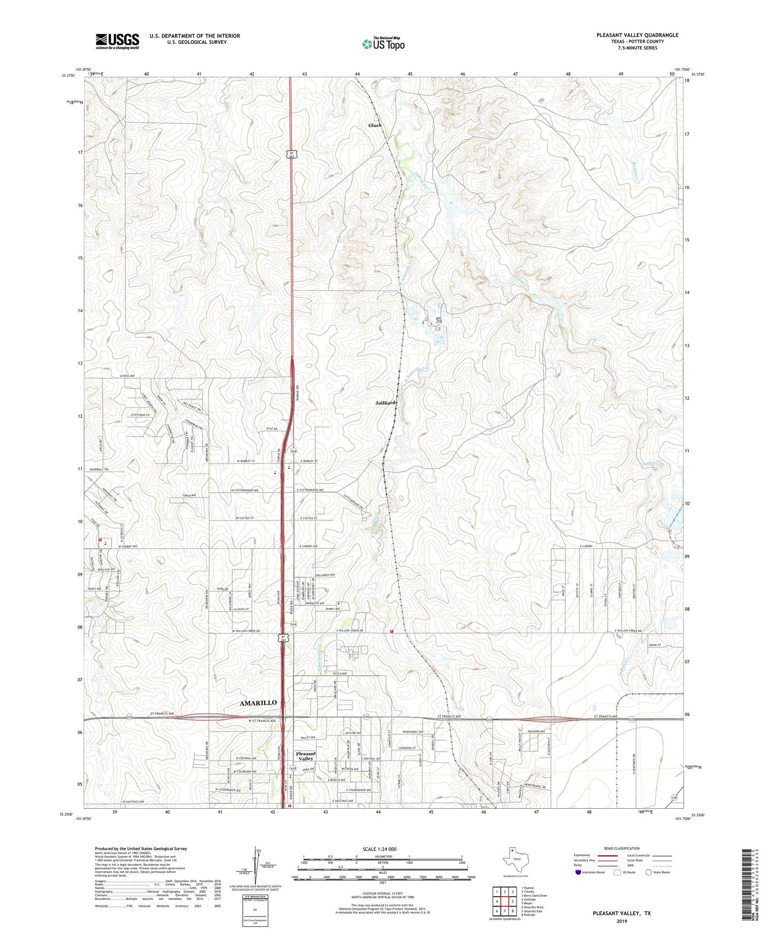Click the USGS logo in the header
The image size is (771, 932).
[117, 41]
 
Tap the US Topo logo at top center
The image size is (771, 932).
[383, 44]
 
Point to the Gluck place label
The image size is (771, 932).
[375, 125]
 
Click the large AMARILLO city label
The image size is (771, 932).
[258, 703]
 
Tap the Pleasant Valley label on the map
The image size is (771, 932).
[306, 756]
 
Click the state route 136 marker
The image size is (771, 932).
[675, 797]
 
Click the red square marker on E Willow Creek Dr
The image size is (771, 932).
[392, 631]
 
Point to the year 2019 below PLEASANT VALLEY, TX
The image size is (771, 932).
[622, 921]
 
